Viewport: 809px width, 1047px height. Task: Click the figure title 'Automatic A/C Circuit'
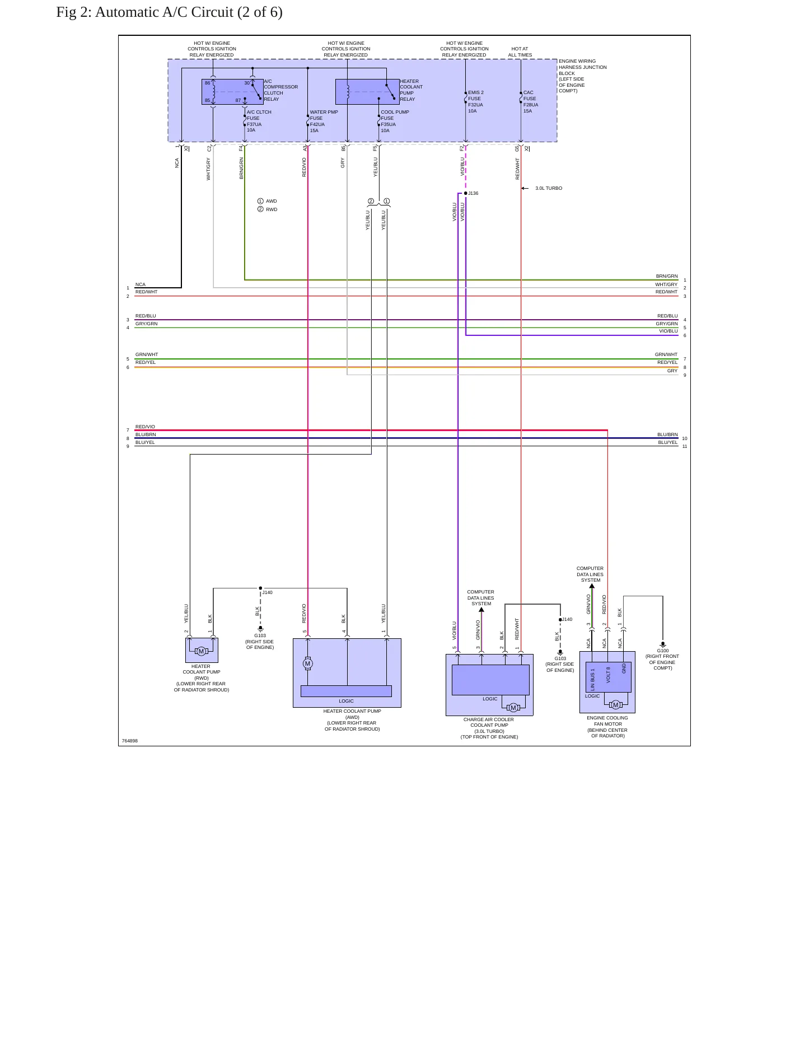tap(164, 12)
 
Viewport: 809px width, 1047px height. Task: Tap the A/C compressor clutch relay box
tap(232, 92)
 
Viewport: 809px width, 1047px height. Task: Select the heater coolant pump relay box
tap(367, 92)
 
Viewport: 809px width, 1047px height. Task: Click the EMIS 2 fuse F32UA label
tap(476, 102)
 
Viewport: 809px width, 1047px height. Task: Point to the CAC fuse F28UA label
tap(531, 102)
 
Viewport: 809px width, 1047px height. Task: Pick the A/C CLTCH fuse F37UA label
tap(259, 121)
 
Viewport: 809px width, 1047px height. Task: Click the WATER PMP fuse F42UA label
tap(324, 121)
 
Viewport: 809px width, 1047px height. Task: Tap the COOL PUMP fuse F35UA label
tap(395, 121)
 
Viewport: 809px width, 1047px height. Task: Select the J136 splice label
tap(473, 193)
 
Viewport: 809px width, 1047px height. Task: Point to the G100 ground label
tap(663, 651)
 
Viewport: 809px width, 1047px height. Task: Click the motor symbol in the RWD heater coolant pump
tap(202, 651)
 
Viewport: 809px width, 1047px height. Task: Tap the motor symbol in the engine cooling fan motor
tap(616, 705)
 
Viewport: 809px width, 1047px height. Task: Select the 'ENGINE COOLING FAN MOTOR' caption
tap(607, 721)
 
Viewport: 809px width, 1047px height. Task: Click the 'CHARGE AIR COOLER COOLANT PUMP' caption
tap(489, 722)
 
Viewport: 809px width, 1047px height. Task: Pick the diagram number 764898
tap(130, 741)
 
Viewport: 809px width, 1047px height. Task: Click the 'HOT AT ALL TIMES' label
tap(520, 52)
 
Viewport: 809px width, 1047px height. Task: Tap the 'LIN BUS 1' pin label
tap(593, 679)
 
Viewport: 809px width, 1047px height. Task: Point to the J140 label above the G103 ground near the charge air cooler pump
tap(567, 619)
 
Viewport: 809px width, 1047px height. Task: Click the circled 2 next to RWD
tap(260, 209)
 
